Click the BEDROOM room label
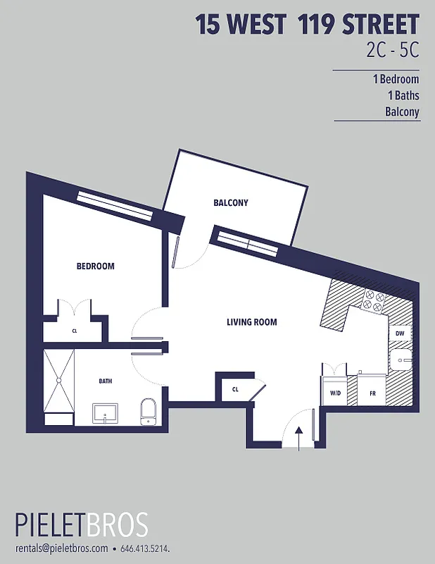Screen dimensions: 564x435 tap(95, 266)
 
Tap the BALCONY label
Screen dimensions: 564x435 tap(231, 203)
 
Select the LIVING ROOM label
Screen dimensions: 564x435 tap(251, 322)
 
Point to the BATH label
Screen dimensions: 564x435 tap(105, 381)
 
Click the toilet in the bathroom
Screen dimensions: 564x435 tap(148, 411)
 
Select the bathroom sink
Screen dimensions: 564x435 tap(105, 413)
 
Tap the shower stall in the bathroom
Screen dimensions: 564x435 tap(58, 381)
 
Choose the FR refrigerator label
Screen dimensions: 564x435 tap(371, 394)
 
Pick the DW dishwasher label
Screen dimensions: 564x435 tap(399, 333)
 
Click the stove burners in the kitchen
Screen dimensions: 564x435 tap(372, 302)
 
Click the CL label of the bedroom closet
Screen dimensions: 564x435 tap(74, 330)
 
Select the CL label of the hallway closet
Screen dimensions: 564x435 tap(235, 388)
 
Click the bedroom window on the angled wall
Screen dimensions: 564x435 tap(115, 206)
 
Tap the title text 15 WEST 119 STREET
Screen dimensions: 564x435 tap(308, 25)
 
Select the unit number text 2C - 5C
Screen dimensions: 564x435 tap(393, 51)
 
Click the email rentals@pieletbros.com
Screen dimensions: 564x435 tap(61, 548)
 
